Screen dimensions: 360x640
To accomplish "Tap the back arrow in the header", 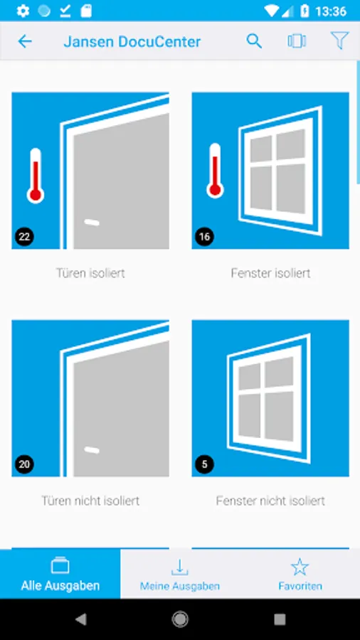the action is (25, 41).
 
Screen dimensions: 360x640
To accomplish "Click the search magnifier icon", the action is (254, 41).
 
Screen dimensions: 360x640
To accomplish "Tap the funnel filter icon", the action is (339, 41).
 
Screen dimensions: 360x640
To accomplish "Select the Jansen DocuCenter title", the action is (132, 42).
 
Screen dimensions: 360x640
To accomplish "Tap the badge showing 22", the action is (24, 237).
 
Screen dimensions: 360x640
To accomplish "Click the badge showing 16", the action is (204, 237).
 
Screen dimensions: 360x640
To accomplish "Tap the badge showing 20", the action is (24, 464).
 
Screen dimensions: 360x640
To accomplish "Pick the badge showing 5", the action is (204, 464).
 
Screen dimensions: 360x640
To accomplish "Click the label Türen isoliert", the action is (90, 273).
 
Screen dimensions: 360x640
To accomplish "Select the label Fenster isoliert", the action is (270, 273).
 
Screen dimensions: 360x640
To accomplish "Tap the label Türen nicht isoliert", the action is (90, 501).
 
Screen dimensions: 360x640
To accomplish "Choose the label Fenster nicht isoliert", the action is (270, 501).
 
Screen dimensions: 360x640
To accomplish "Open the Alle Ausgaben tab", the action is (60, 574).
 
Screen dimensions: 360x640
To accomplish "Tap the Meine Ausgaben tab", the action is (180, 574).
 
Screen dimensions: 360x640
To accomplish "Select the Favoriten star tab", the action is (300, 574).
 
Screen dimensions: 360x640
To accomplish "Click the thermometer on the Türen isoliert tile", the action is (36, 176).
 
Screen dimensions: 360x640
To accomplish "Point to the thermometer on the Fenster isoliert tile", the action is (215, 171).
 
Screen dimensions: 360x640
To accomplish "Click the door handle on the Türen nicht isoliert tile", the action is (92, 450).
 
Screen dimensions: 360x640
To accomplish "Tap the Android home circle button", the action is (180, 619).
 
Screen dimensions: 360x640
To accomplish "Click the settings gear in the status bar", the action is (23, 11).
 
